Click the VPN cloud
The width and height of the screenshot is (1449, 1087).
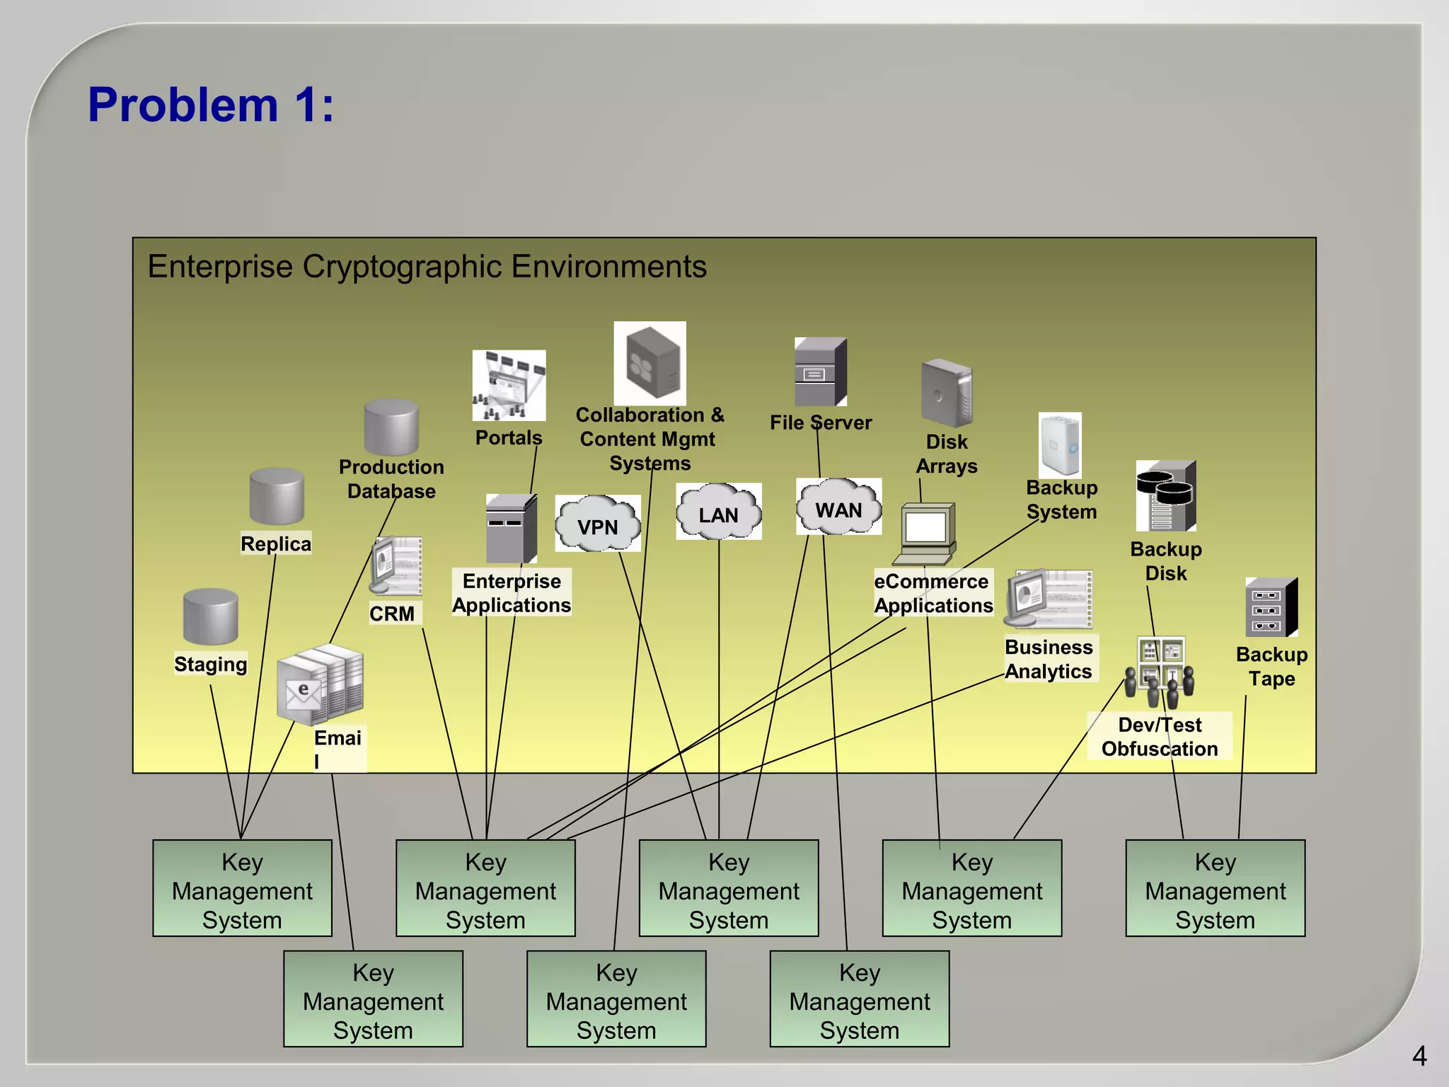(598, 525)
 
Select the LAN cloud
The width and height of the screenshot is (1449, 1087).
(718, 512)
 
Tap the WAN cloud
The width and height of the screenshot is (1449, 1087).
(838, 508)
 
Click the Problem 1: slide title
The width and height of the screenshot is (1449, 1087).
(211, 105)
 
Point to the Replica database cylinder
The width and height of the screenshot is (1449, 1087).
(277, 496)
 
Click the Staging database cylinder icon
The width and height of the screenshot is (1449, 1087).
(210, 616)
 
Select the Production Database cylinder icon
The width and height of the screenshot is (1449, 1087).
(391, 427)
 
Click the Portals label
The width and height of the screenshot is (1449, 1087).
(509, 437)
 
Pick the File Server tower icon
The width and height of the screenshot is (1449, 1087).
(820, 372)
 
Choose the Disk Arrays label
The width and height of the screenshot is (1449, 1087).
(947, 454)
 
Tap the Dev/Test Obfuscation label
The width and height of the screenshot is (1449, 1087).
(1160, 737)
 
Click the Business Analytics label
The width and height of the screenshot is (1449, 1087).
(1049, 659)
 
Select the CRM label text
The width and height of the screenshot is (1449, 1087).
(392, 614)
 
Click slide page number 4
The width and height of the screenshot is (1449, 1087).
(1419, 1057)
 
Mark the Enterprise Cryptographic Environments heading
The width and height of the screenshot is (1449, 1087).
(427, 267)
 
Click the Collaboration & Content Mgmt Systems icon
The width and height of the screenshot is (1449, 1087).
(650, 363)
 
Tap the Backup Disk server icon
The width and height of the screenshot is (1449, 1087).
(1166, 495)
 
